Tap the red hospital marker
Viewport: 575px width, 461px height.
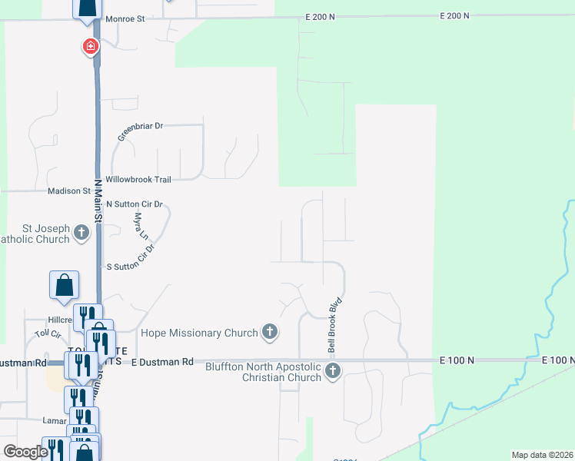click(91, 47)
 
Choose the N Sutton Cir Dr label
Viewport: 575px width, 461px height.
click(135, 204)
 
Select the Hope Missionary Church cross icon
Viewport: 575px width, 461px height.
click(269, 332)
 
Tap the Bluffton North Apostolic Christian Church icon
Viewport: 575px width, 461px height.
click(332, 372)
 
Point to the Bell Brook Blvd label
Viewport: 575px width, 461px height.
click(334, 326)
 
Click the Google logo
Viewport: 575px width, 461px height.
click(25, 452)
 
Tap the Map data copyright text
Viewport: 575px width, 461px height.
click(542, 455)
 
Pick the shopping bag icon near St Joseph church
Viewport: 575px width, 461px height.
click(64, 284)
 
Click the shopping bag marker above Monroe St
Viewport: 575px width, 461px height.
click(87, 8)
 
